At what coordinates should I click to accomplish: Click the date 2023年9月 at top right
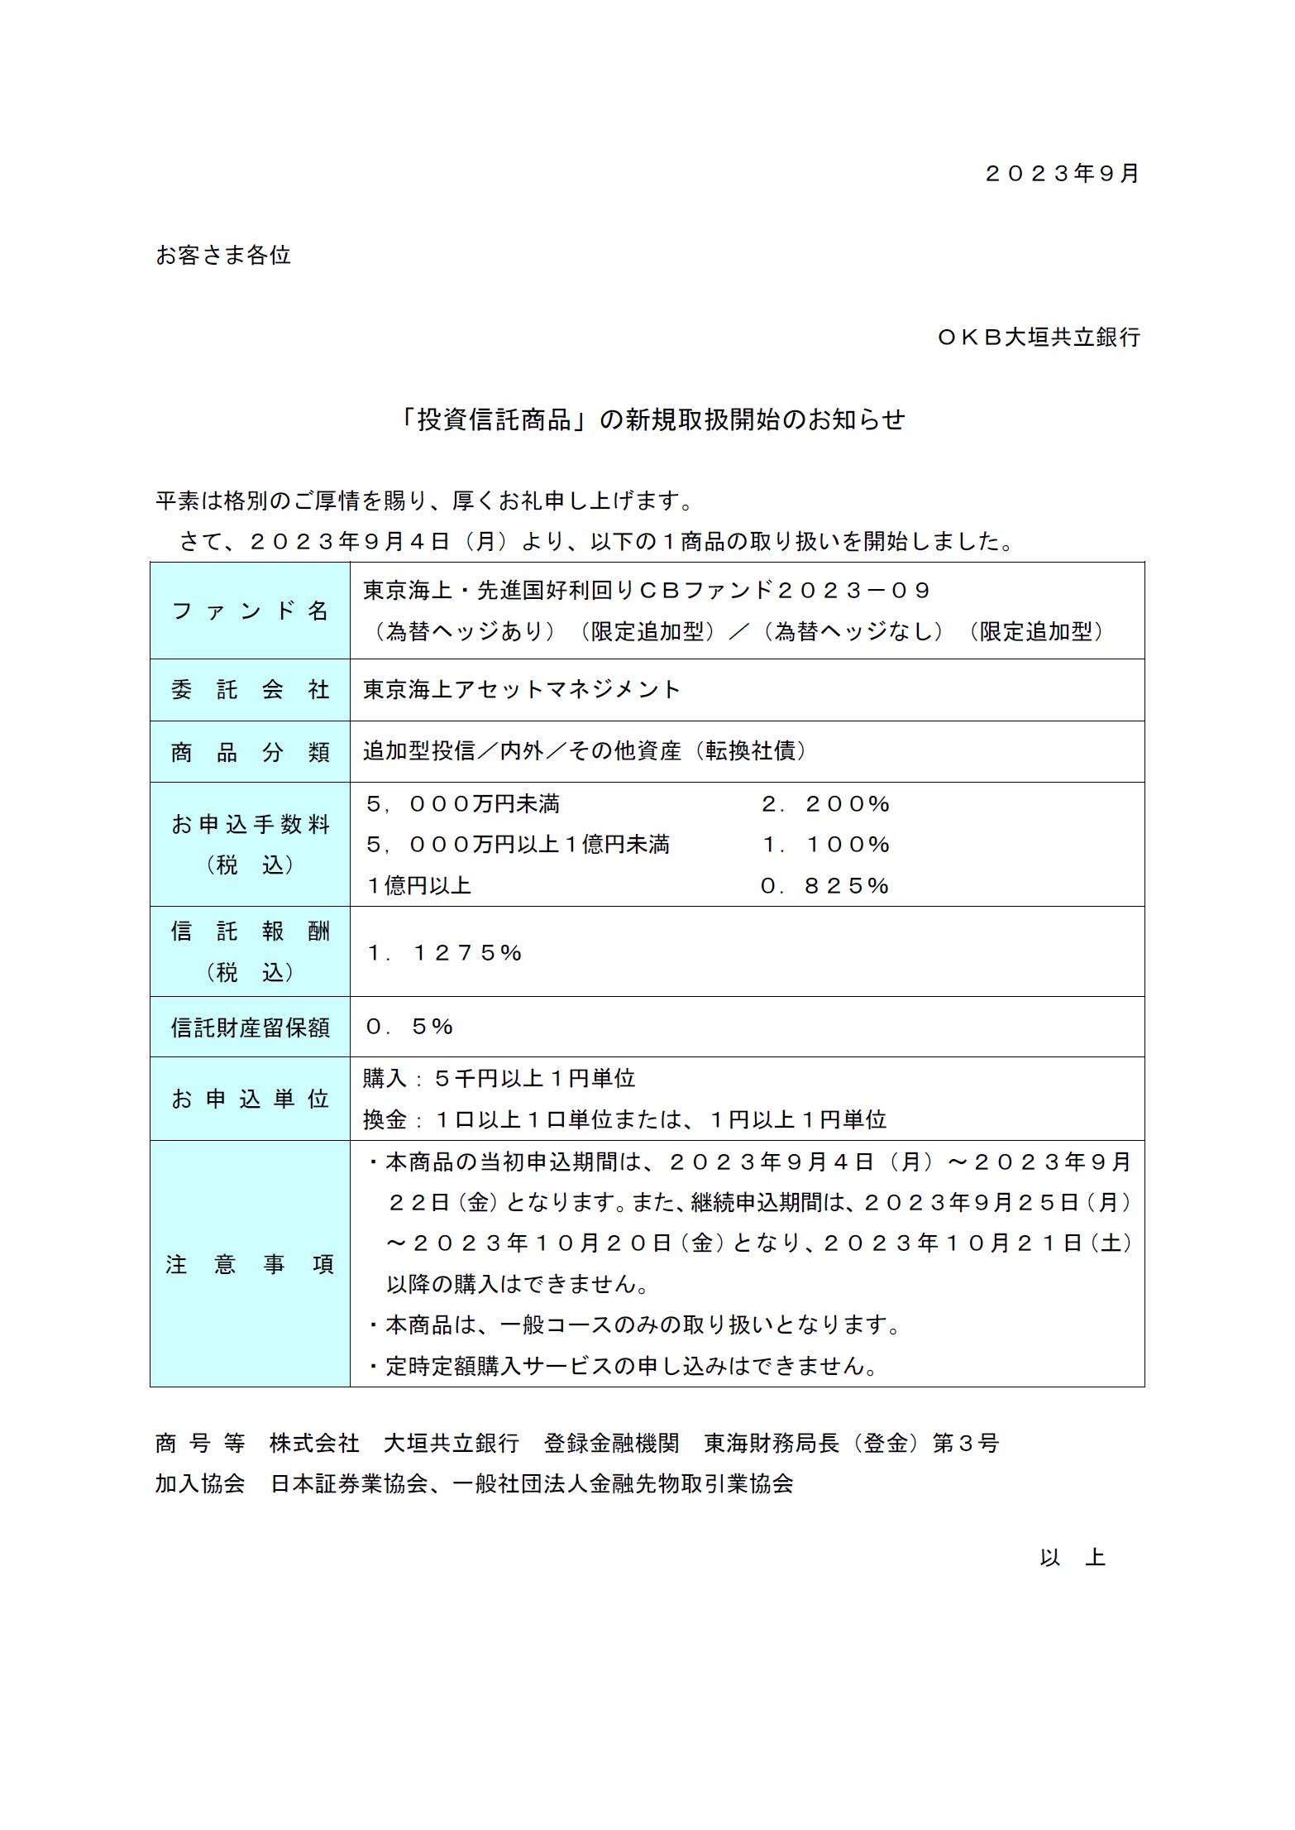[x=1063, y=174]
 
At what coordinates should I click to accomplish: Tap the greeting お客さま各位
[x=223, y=256]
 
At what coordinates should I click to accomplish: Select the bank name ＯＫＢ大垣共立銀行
[x=1039, y=338]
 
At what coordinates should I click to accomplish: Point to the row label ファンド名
[x=250, y=611]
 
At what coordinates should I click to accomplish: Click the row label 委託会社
[x=250, y=690]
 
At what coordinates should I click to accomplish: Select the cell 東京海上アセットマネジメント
[x=522, y=690]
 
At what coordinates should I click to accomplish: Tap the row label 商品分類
[x=250, y=752]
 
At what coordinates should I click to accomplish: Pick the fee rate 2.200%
[x=825, y=804]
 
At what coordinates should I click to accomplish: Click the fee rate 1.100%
[x=825, y=845]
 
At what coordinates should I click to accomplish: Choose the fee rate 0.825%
[x=825, y=886]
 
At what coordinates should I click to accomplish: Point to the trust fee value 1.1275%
[x=444, y=953]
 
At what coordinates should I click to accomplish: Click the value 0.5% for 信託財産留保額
[x=409, y=1027]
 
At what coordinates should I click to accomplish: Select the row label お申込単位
[x=250, y=1099]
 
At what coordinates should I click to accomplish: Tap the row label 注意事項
[x=250, y=1265]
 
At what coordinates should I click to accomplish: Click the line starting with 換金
[x=624, y=1120]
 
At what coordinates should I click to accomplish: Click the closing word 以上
[x=1073, y=1558]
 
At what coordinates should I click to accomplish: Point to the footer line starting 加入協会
[x=474, y=1484]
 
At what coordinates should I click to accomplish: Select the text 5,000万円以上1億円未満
[x=518, y=845]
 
